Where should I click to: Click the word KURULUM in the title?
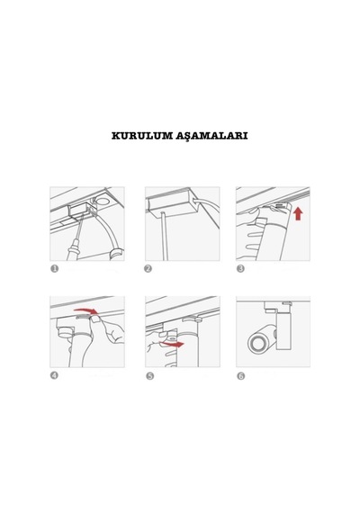[142, 136]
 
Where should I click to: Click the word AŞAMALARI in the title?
[211, 136]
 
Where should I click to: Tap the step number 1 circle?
[54, 268]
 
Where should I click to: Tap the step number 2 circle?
[148, 268]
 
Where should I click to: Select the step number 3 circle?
[240, 268]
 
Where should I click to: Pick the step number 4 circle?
[54, 375]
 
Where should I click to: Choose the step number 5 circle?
[149, 376]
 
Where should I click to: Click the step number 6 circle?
[241, 376]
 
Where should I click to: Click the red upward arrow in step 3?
[298, 213]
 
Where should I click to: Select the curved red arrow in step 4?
[85, 310]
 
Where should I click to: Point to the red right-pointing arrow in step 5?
[173, 344]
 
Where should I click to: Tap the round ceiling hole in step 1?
[103, 202]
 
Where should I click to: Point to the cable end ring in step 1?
[116, 254]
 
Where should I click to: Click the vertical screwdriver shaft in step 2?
[164, 236]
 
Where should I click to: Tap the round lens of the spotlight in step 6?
[256, 344]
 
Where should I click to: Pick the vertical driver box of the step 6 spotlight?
[283, 330]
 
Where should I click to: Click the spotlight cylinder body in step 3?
[275, 238]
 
